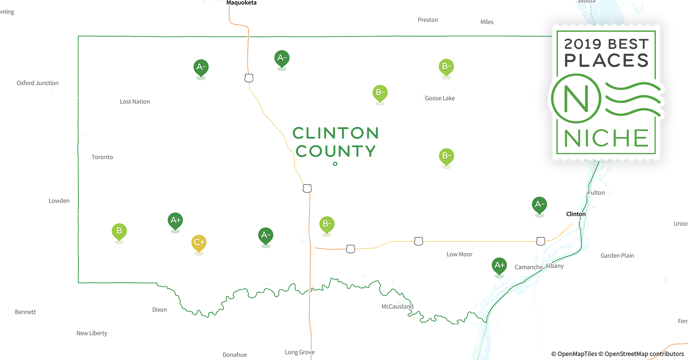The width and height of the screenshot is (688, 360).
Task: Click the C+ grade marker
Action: (x=199, y=243)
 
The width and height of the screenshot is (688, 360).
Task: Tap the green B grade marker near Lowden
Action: (x=119, y=231)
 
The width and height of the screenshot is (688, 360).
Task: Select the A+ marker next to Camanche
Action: (x=499, y=266)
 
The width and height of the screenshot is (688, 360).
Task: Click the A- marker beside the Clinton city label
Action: (x=539, y=204)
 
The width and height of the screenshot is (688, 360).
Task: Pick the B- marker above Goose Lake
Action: (x=446, y=67)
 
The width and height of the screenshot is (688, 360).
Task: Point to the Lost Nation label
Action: (x=135, y=102)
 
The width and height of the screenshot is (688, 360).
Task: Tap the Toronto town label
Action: (x=102, y=157)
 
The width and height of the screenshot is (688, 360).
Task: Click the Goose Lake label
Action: (x=440, y=98)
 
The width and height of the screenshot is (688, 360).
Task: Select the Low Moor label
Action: (x=459, y=254)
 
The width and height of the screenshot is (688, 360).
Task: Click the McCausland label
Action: (x=397, y=306)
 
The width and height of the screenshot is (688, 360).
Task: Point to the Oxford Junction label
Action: (x=37, y=83)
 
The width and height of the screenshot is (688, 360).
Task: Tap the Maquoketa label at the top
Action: (x=241, y=3)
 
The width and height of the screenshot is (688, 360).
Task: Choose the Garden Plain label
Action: (x=617, y=256)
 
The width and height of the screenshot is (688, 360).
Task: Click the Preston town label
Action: (x=428, y=20)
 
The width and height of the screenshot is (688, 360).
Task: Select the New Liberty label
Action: (x=92, y=333)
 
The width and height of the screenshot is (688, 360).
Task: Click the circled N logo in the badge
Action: (x=576, y=99)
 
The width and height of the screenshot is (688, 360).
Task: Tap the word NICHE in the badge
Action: (x=606, y=138)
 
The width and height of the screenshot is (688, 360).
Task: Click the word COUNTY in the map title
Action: (x=335, y=151)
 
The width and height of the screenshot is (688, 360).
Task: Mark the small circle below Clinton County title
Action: (x=335, y=164)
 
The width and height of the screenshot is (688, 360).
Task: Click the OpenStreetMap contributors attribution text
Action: (x=644, y=354)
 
